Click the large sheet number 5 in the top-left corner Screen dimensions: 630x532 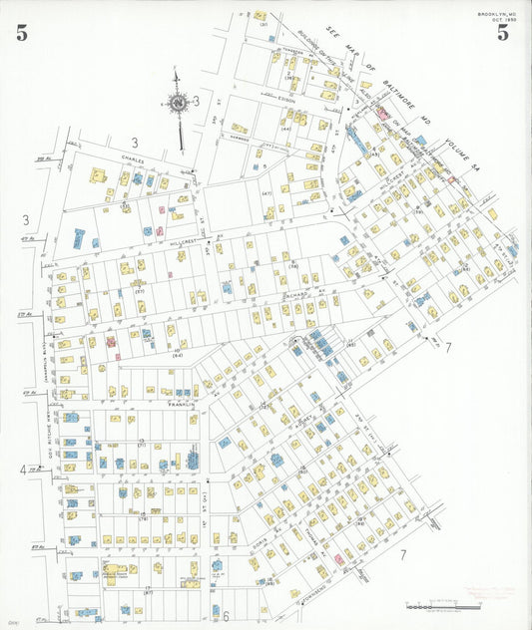[21, 33]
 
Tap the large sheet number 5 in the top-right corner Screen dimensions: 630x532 [503, 33]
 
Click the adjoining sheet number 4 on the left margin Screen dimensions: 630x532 [22, 470]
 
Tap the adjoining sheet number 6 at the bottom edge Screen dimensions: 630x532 [227, 615]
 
